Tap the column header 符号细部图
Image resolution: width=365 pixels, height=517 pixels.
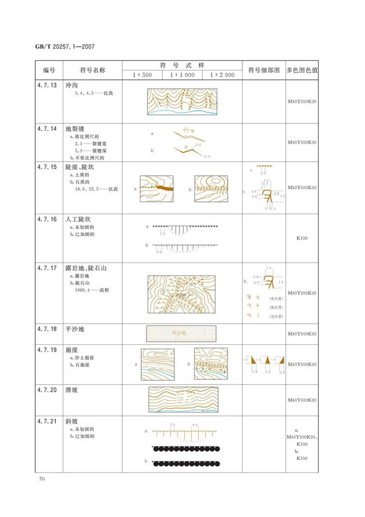click(263, 70)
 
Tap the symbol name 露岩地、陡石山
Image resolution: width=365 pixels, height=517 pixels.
click(90, 268)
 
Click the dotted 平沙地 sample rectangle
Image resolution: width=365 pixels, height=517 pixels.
click(181, 333)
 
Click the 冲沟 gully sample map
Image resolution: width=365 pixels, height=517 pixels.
click(181, 102)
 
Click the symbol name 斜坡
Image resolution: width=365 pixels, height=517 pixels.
click(74, 421)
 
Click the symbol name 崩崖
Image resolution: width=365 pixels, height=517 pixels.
click(74, 350)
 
